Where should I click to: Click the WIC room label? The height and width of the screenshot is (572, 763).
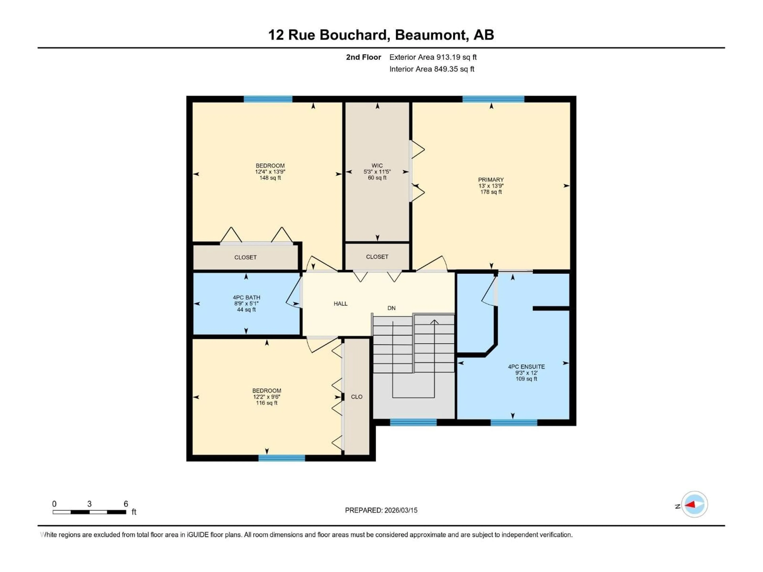(377, 165)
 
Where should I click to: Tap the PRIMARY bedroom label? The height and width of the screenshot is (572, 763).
(491, 180)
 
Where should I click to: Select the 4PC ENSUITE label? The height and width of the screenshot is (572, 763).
(526, 366)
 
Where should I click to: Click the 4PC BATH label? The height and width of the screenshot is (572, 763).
(246, 297)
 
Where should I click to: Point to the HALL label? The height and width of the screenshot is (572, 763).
(340, 303)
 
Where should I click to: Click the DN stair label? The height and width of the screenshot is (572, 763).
(391, 308)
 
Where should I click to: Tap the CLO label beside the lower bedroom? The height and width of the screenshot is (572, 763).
(357, 396)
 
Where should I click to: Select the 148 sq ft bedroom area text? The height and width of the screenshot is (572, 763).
(270, 178)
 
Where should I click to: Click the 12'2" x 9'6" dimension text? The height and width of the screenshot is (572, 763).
(267, 396)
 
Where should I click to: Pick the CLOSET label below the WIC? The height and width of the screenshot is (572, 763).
(377, 257)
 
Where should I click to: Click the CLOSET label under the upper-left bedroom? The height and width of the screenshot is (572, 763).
(245, 257)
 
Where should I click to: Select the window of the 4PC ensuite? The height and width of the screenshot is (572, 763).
(514, 422)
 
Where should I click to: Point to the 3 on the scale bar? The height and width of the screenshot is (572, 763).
(89, 504)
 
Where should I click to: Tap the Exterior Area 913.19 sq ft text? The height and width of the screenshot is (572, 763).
(433, 57)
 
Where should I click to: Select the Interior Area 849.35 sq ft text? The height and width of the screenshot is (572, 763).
(432, 69)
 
